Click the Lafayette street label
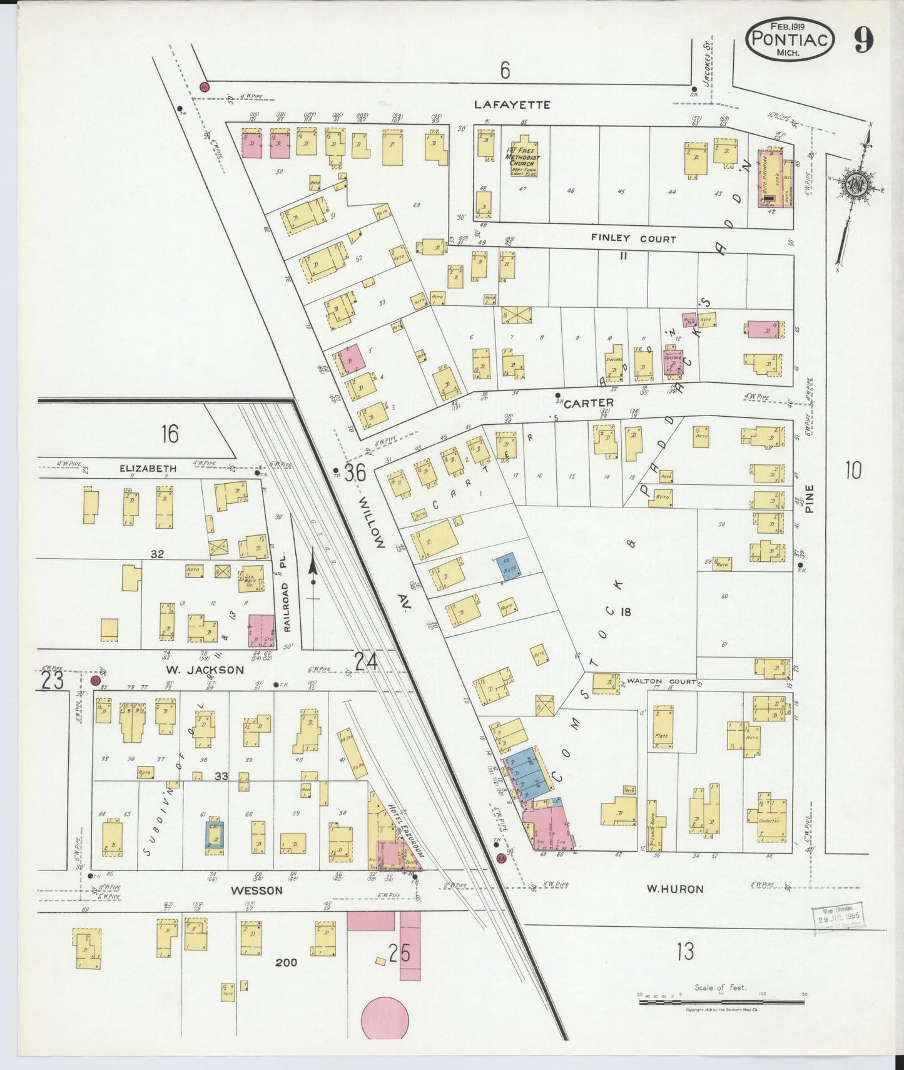(512, 104)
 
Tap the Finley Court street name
(634, 239)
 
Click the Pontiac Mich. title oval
(790, 39)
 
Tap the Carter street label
(588, 404)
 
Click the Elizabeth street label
(148, 468)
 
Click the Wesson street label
(256, 890)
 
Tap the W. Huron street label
(675, 889)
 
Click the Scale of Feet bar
(721, 1002)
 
